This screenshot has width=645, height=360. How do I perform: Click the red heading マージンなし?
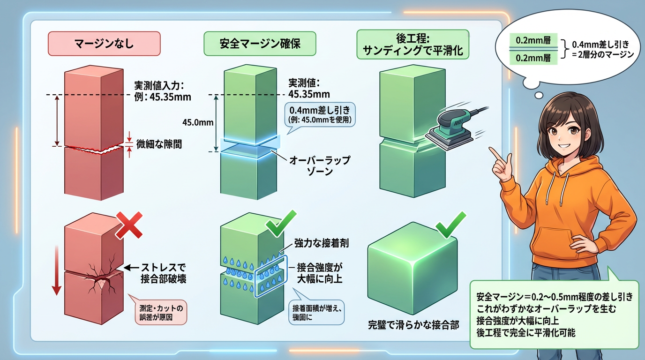104,44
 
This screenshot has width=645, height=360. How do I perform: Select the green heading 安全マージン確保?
260,44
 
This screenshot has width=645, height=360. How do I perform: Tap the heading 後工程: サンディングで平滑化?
412,44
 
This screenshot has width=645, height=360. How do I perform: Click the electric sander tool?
450,127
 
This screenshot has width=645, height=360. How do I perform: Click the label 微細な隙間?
159,144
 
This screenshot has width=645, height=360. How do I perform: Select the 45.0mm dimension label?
197,123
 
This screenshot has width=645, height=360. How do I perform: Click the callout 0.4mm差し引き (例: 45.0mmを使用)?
320,114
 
